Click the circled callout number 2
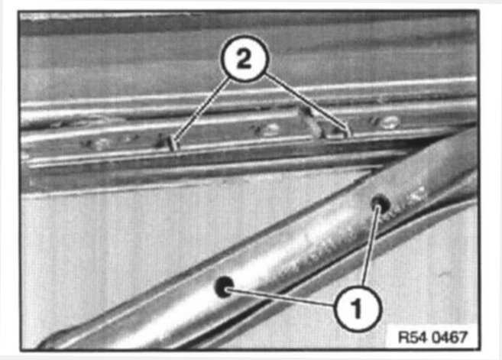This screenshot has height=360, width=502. coord(245,58)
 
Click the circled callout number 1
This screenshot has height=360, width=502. coord(358,309)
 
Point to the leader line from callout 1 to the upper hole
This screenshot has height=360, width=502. coord(371,245)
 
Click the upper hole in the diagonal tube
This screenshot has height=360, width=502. coord(381,203)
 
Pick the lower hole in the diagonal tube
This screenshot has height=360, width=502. coord(224,286)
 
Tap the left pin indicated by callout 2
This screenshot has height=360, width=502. coord(172,143)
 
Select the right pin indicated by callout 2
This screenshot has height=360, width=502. coord(348,131)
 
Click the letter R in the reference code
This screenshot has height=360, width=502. coord(403,337)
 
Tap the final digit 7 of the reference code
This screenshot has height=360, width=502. coord(463,337)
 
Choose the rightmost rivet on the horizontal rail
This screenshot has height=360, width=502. coord(390,122)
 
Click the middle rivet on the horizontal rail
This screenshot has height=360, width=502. coord(270,129)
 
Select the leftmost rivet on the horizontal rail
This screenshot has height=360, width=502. coord(102,144)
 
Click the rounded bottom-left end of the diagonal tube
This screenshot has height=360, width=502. coord(48,342)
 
